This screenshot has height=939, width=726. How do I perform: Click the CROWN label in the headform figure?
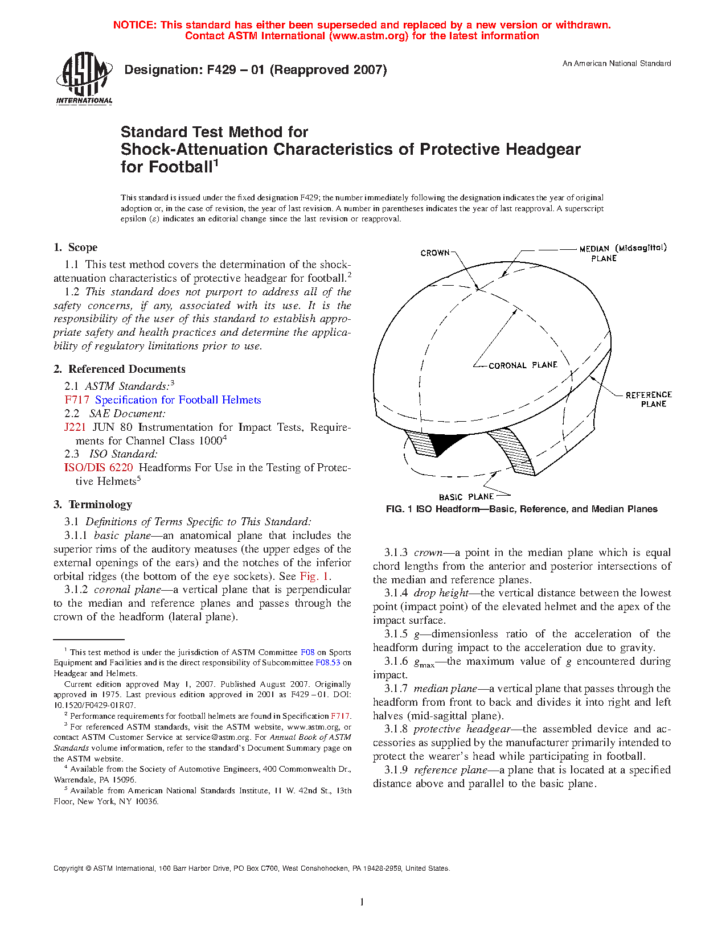(x=435, y=253)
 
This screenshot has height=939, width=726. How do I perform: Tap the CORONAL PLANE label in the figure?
(x=523, y=365)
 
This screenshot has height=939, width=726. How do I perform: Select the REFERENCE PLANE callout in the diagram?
(x=649, y=399)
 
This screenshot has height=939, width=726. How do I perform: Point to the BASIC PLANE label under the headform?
(x=466, y=497)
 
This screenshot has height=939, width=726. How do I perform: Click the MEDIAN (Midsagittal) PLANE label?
(x=622, y=253)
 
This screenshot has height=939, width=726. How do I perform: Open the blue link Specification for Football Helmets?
(x=178, y=400)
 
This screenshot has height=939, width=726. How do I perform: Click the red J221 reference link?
(x=75, y=427)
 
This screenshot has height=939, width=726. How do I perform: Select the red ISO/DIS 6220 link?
(x=99, y=468)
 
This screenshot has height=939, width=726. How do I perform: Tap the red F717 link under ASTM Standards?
(x=77, y=400)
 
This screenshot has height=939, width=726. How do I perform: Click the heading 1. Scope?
(x=75, y=248)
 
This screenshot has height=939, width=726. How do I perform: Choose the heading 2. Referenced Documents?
(x=119, y=369)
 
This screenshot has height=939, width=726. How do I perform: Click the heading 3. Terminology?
(x=93, y=505)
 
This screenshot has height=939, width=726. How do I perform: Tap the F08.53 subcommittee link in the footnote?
(x=327, y=662)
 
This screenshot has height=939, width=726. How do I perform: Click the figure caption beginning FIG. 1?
(x=522, y=509)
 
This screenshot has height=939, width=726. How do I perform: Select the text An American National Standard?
(x=617, y=64)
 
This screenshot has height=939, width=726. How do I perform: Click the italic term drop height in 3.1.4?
(x=441, y=593)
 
